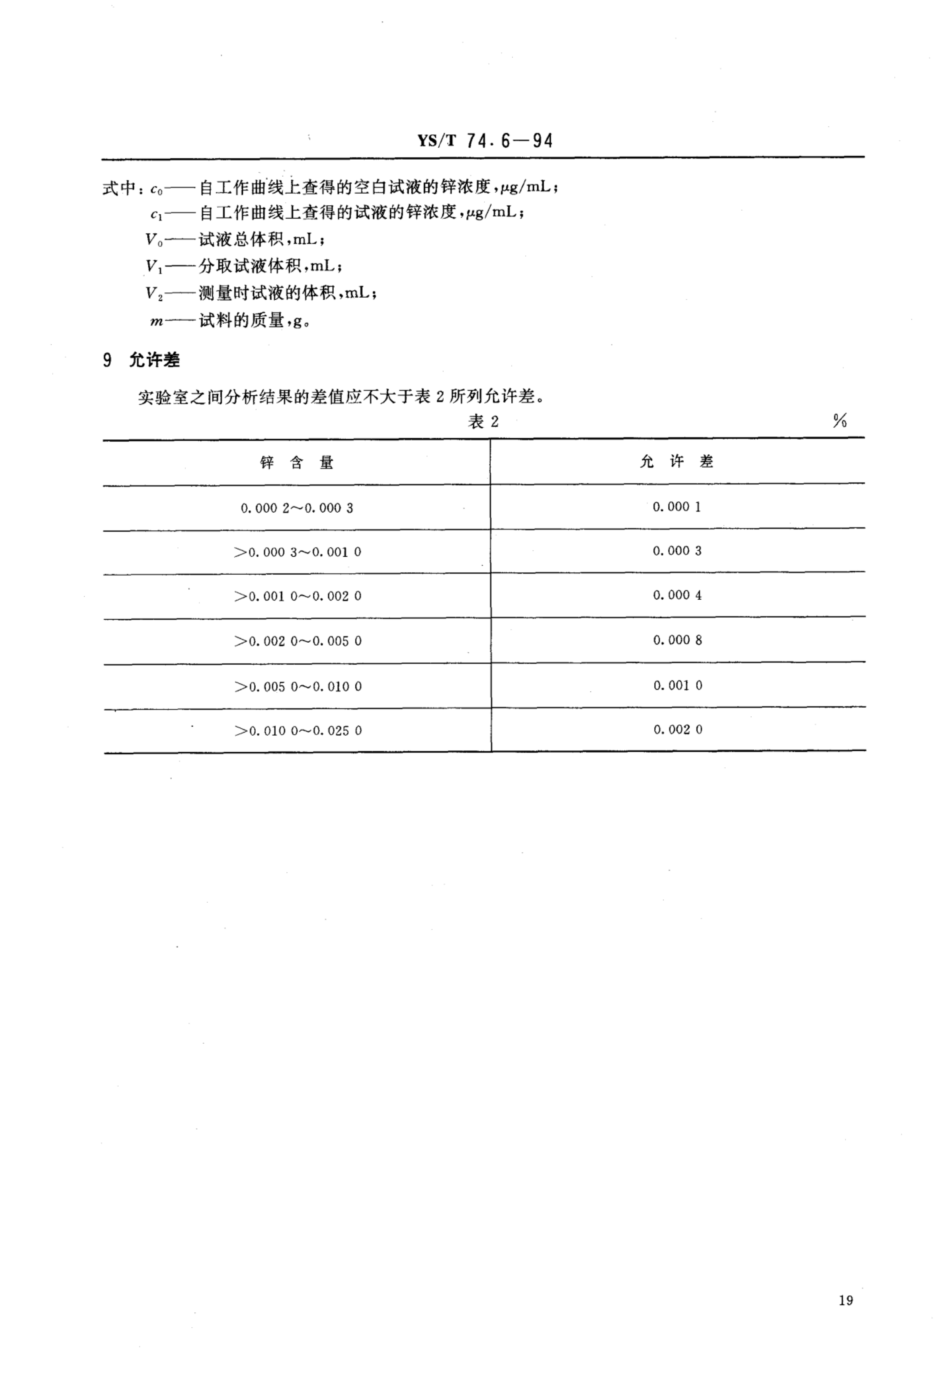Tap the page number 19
[x=845, y=1300]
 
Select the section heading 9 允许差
[x=141, y=360]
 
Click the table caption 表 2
[x=483, y=422]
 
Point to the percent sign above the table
[x=839, y=421]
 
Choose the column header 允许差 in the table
[x=676, y=461]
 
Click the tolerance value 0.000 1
[x=676, y=507]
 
